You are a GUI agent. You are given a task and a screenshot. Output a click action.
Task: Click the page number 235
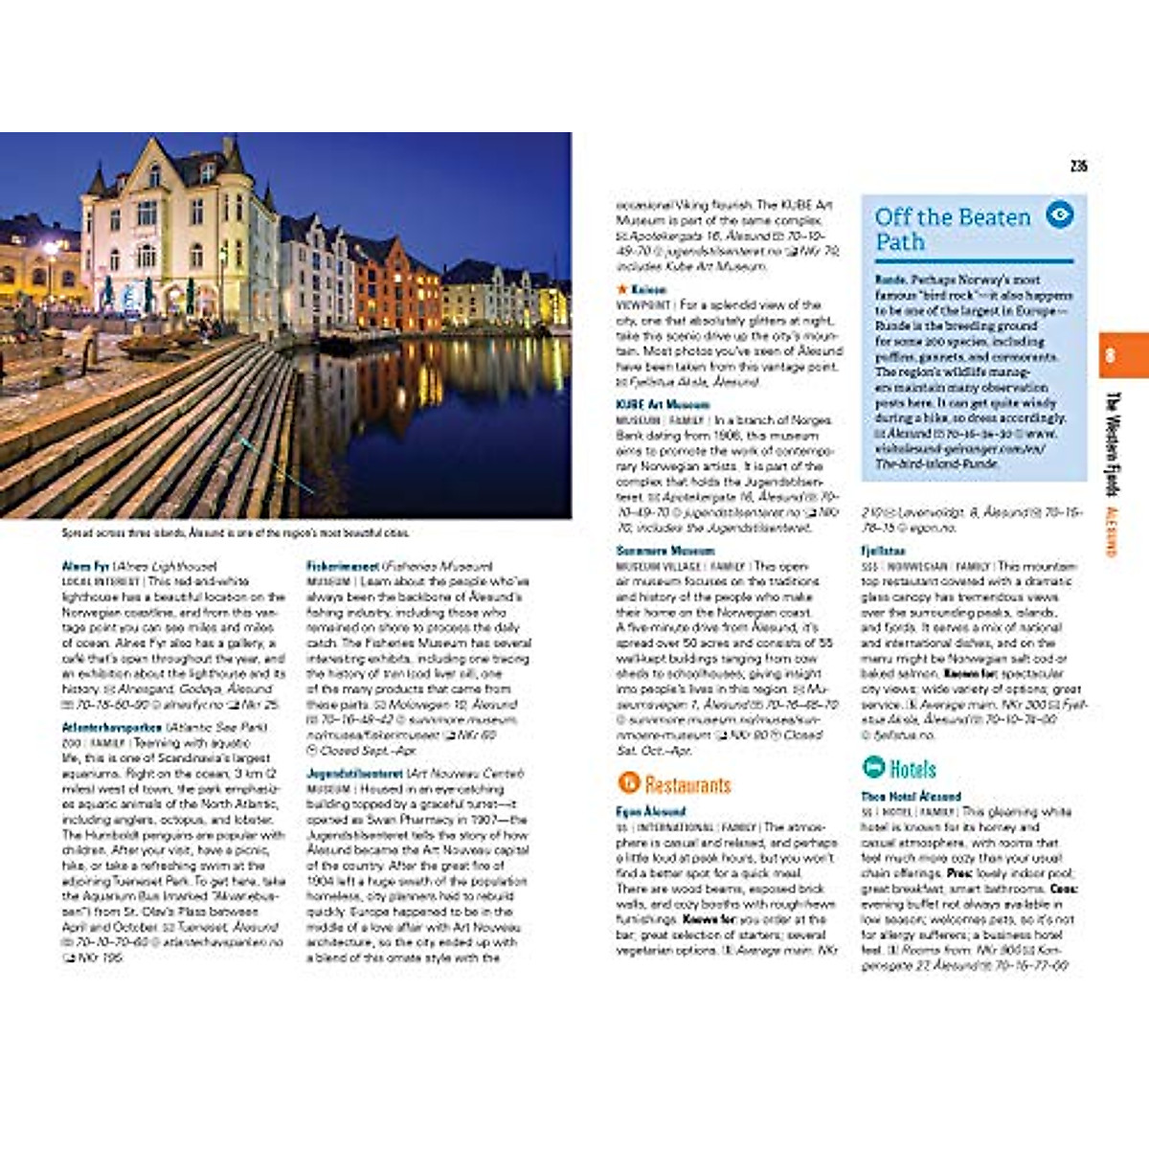(1079, 166)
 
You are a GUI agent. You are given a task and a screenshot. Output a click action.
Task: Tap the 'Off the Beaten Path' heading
(952, 229)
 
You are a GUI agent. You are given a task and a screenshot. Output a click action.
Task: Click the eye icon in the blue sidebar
(1059, 215)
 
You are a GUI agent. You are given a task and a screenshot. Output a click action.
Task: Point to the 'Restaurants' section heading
(687, 785)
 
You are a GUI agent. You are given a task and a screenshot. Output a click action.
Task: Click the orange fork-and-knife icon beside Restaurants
(628, 783)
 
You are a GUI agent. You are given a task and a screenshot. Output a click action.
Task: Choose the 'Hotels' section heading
(912, 768)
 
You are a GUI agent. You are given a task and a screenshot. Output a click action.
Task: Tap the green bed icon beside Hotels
(873, 767)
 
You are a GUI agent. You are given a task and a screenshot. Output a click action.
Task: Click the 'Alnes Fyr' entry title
(85, 566)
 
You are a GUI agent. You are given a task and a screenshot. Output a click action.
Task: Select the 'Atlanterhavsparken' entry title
(111, 728)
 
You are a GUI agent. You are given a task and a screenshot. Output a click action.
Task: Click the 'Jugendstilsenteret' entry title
(355, 773)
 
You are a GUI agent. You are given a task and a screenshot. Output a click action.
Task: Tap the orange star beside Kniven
(622, 289)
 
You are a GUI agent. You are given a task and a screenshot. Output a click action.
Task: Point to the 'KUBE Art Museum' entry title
(663, 404)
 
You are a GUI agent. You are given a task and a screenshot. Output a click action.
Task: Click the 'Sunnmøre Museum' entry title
(665, 551)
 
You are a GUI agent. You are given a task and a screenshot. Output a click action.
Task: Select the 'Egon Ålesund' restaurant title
(650, 811)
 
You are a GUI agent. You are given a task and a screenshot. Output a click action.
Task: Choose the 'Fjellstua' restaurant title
(882, 551)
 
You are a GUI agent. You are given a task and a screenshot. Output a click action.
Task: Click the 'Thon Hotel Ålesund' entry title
(911, 796)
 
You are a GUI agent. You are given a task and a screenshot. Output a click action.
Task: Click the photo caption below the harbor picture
(235, 532)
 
